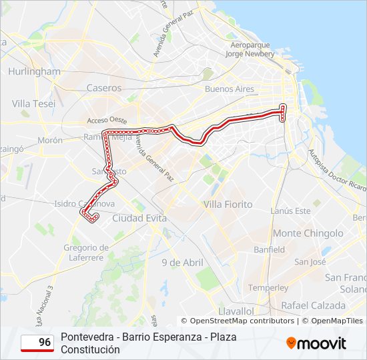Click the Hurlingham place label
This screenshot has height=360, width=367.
click(x=35, y=71)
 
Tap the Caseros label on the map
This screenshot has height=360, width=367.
click(x=104, y=87)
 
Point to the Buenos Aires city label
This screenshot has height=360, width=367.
click(x=230, y=89)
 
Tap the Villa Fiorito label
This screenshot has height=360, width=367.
click(x=229, y=204)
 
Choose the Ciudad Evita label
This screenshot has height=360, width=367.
click(x=139, y=218)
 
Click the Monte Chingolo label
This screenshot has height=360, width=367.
click(x=308, y=233)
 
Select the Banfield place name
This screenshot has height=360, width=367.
click(x=269, y=249)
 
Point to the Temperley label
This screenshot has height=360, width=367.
click(x=268, y=287)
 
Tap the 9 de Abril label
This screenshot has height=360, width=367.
click(x=182, y=262)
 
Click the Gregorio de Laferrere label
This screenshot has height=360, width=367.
click(x=85, y=252)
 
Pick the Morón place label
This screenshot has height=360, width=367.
click(x=50, y=140)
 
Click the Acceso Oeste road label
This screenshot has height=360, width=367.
click(x=107, y=120)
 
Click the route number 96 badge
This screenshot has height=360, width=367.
click(x=37, y=343)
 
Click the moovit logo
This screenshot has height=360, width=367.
click(x=316, y=343)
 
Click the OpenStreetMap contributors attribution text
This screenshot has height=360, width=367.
click(x=242, y=321)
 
